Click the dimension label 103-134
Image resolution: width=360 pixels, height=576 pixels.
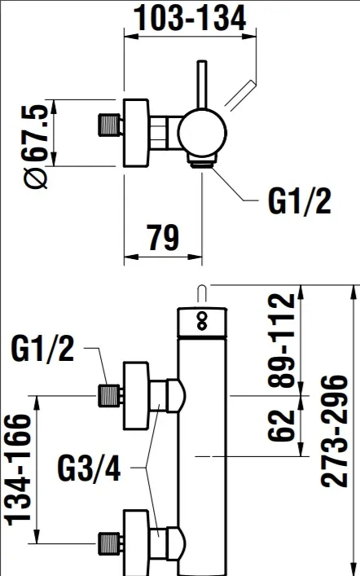pos(190,18)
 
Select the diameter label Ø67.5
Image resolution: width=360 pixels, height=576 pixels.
pos(36,146)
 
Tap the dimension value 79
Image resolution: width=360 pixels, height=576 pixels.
pos(163,237)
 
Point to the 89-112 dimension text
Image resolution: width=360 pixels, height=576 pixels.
pos(282,341)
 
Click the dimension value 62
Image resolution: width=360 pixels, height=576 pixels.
pos(282,425)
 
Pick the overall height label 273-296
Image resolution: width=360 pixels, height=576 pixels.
pos(334,431)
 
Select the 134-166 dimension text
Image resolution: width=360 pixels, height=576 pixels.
pos(18,470)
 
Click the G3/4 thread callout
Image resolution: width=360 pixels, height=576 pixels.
pos(90,468)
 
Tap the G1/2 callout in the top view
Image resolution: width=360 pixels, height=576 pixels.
pos(300,200)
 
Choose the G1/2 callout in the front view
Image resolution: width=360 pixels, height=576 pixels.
pos(42,349)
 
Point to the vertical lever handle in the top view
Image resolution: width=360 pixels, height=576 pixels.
pos(202,86)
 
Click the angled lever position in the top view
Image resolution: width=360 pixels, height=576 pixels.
pos(239,95)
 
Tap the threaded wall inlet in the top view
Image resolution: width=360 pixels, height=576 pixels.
pos(110,125)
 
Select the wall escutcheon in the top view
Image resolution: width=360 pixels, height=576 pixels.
pos(136,133)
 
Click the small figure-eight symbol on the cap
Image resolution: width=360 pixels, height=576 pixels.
pos(202,321)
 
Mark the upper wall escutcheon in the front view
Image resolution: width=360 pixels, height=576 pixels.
pos(136,396)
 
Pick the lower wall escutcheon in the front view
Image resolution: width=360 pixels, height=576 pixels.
pos(136,543)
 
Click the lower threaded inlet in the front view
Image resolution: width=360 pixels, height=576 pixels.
pos(110,543)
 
